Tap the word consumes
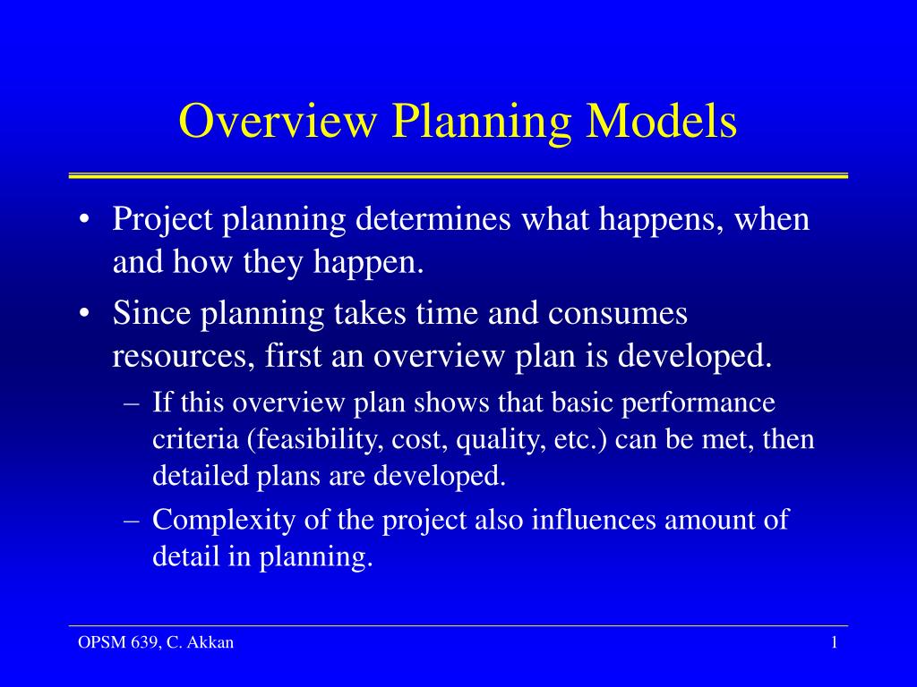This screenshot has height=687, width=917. tap(618, 314)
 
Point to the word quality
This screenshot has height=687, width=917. tap(500, 440)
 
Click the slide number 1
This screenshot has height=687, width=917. tap(834, 643)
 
